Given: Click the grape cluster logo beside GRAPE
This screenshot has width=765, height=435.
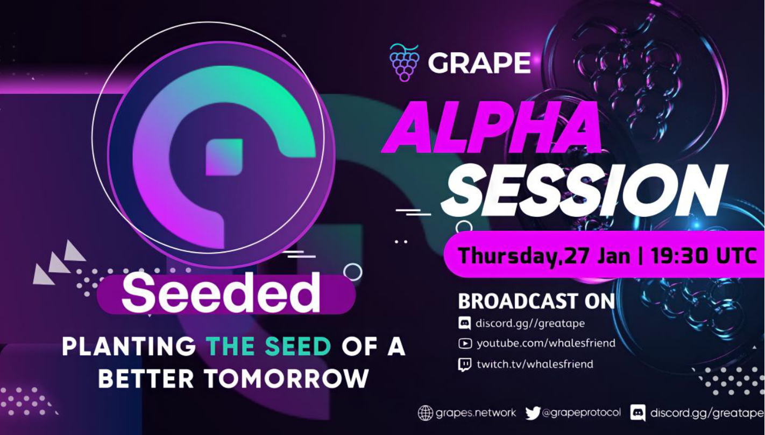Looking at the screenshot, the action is click(x=405, y=62).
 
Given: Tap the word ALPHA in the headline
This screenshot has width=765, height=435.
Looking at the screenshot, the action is click(x=492, y=127).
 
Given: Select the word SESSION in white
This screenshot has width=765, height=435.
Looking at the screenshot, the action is click(x=584, y=191).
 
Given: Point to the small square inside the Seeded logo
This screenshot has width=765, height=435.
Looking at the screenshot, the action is click(x=224, y=157).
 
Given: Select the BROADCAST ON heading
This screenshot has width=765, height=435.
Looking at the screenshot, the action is click(x=536, y=301).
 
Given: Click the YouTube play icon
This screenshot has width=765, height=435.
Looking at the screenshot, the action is click(x=465, y=343).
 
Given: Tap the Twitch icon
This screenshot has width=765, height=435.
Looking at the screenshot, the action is click(x=464, y=364).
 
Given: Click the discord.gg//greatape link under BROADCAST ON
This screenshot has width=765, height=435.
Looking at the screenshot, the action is click(x=530, y=323).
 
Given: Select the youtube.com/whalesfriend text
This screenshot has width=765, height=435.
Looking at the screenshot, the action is click(x=546, y=343).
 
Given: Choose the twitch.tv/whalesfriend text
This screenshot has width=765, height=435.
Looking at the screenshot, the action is click(x=535, y=364).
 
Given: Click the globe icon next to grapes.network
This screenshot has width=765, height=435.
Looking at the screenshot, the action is click(x=425, y=413).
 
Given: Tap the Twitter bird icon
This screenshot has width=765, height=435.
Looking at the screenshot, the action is click(x=533, y=413).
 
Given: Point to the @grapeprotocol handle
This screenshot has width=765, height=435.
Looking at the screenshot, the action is click(x=581, y=413).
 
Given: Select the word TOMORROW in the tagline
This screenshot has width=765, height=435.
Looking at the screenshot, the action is click(x=287, y=378).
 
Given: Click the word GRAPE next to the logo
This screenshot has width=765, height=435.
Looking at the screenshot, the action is click(x=479, y=63).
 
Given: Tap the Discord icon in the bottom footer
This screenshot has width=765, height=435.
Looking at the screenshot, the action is click(x=637, y=413).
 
